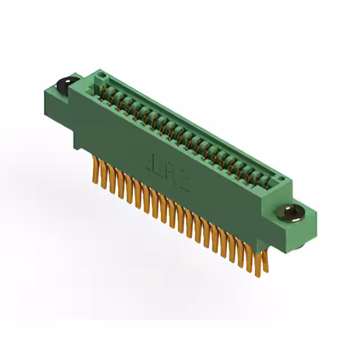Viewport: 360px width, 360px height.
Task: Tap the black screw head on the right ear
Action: (291, 212)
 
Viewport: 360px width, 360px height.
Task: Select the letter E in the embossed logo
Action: (154, 159)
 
